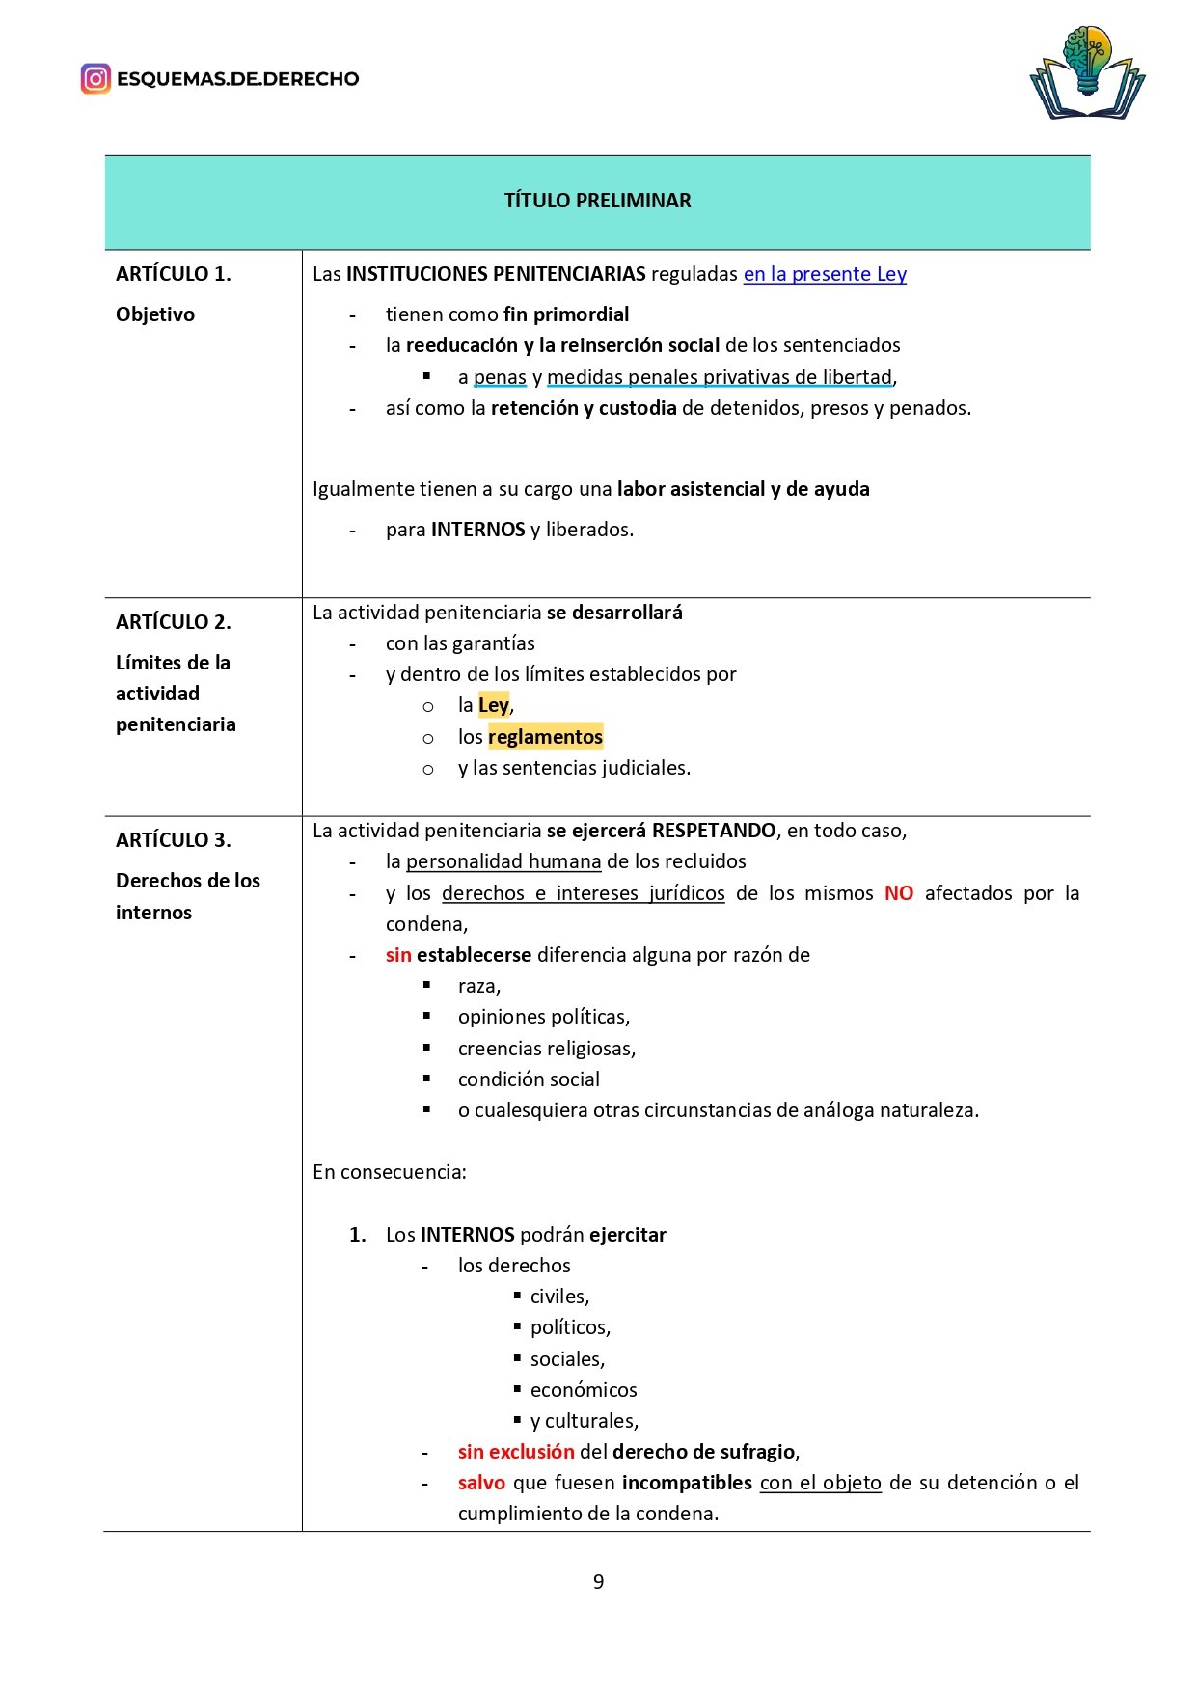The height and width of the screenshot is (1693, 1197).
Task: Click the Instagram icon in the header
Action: click(95, 78)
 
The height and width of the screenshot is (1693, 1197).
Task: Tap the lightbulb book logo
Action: click(1087, 74)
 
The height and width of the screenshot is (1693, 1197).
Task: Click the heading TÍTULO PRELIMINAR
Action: click(597, 201)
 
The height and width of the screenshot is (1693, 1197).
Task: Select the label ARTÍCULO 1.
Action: click(174, 274)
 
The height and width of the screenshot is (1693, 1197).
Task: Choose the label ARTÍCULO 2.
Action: click(174, 622)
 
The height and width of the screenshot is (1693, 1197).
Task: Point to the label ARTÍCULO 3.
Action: click(174, 840)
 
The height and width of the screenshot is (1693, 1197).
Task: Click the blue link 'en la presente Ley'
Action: click(825, 274)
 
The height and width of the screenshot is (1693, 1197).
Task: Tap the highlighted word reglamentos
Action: click(545, 737)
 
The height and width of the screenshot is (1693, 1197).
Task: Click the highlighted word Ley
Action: click(493, 705)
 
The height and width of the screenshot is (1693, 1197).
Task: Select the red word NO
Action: click(899, 893)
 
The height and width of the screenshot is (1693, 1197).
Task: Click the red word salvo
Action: click(481, 1483)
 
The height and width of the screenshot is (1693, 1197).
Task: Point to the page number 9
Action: click(598, 1582)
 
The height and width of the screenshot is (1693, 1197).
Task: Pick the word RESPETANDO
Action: click(714, 831)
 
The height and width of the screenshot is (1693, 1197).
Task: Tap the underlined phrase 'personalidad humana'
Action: click(503, 861)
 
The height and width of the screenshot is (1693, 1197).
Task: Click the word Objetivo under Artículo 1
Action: click(155, 314)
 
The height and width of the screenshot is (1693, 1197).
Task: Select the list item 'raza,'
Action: click(479, 986)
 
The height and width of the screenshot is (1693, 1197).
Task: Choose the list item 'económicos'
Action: click(584, 1390)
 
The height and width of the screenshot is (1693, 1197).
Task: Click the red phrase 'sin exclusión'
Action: click(516, 1452)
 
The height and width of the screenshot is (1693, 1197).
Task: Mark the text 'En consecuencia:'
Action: click(390, 1172)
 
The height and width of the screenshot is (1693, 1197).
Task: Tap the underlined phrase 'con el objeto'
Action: click(821, 1483)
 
